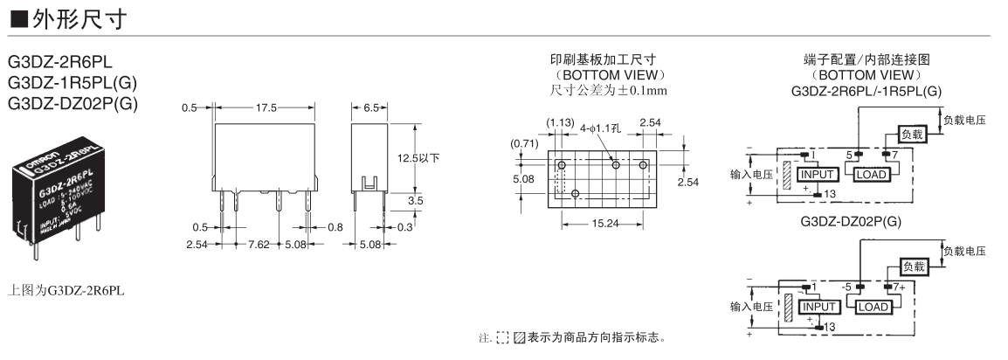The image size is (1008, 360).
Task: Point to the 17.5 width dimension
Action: pos(266,107)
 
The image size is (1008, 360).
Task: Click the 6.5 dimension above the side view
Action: pos(370,107)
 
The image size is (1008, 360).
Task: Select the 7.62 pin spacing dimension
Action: pos(259,245)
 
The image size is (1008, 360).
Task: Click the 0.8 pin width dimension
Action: pos(335,226)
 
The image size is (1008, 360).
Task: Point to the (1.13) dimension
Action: pos(559,124)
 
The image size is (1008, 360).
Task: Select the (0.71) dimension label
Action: pos(523,143)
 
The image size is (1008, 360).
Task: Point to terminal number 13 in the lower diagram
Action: pos(829,326)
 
